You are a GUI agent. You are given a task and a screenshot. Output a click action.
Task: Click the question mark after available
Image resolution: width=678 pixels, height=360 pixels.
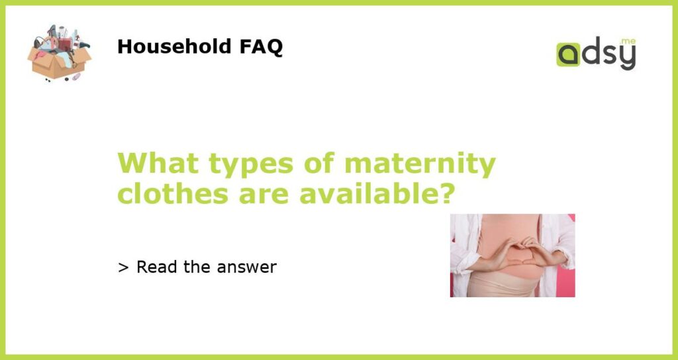click(447, 194)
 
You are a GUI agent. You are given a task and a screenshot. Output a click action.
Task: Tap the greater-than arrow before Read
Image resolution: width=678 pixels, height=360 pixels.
click(122, 268)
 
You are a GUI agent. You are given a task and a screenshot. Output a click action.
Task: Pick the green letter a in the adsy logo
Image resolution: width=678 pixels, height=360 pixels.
click(568, 55)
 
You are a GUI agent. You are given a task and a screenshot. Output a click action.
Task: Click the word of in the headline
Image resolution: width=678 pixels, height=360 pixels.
click(320, 163)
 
